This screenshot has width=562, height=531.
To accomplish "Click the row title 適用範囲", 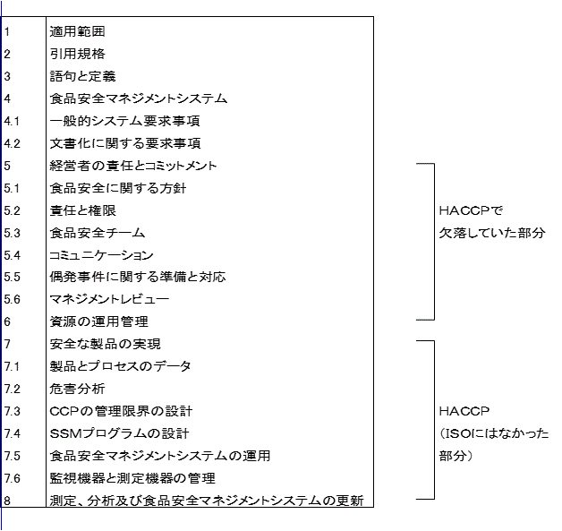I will tap(78, 31).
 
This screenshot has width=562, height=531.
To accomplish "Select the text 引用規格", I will tap(78, 54).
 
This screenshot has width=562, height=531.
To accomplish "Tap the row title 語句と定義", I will tap(83, 76).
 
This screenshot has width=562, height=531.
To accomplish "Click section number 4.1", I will tap(12, 121).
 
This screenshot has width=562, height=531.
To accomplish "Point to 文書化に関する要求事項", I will tap(124, 143).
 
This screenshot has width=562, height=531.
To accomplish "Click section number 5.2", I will tap(12, 210).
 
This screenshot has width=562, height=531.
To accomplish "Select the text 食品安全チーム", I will tap(98, 233).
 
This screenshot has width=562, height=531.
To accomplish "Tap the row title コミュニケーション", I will tap(102, 255).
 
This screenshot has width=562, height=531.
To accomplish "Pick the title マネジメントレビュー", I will tap(109, 299).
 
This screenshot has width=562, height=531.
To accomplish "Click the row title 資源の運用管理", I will tap(98, 321).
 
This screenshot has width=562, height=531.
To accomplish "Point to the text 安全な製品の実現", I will tap(105, 344).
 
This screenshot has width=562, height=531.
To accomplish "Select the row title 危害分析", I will tap(77, 389).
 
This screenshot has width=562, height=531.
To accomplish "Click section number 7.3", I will tap(12, 411).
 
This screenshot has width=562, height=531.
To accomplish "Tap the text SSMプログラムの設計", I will tap(119, 433).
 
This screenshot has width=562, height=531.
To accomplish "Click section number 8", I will tap(7, 501).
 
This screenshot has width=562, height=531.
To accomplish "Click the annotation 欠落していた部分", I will tap(491, 233).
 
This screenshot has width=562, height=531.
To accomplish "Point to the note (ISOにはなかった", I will tap(494, 433).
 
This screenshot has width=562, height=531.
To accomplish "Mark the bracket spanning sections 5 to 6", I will tap(433, 242).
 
